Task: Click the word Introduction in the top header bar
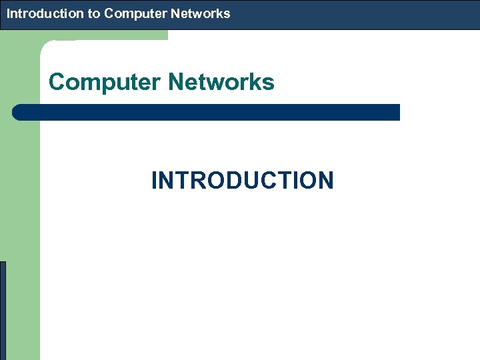tap(46, 13)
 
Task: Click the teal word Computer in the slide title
tap(105, 83)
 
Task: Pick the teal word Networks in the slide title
tap(221, 83)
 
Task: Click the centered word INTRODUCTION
tap(242, 181)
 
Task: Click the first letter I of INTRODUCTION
tap(155, 181)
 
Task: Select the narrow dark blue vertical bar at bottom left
tap(3, 310)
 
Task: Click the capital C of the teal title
tap(57, 83)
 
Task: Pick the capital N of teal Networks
tap(176, 83)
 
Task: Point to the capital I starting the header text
tap(9, 13)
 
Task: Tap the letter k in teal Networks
tap(254, 83)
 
